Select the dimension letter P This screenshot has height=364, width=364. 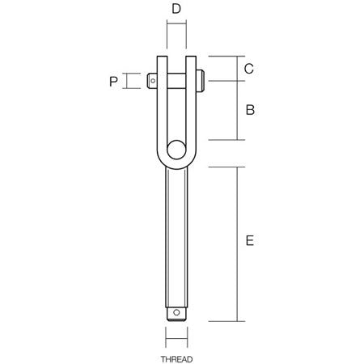114,80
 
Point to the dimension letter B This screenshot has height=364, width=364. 250,108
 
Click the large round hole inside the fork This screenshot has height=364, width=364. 175,150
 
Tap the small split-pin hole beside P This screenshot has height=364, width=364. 154,79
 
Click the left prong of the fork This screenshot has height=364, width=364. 163,105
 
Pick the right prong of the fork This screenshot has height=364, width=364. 190,105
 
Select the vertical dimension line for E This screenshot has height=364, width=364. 236,243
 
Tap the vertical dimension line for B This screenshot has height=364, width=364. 236,108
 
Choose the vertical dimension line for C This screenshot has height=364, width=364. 236,69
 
